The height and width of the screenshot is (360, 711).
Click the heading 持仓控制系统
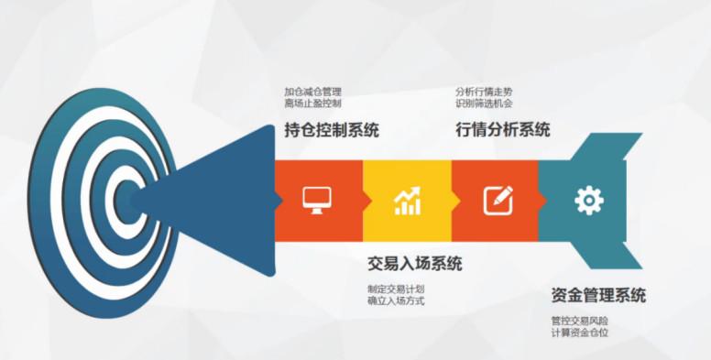click(x=332, y=130)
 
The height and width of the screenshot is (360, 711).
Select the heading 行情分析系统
click(x=502, y=130)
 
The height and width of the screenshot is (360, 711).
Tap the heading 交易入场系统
click(x=414, y=264)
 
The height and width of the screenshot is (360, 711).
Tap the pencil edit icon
click(x=498, y=198)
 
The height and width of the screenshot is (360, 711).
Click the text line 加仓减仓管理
click(x=312, y=92)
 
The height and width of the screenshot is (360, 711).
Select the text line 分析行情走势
click(x=484, y=92)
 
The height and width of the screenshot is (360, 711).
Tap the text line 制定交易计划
click(x=396, y=289)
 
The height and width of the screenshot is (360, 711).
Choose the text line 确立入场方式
click(x=396, y=300)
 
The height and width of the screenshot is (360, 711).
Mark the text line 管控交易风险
click(x=580, y=321)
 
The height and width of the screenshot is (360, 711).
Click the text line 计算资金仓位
click(x=580, y=333)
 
